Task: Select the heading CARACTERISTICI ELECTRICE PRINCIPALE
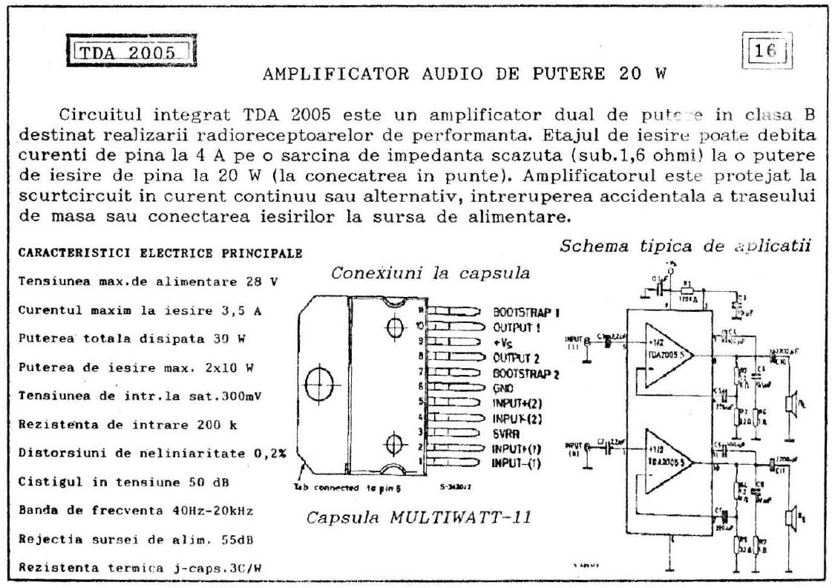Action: point(160,253)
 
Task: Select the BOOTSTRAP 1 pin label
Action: point(525,313)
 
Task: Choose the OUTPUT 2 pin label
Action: point(517,357)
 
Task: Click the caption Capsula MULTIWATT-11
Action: point(419,516)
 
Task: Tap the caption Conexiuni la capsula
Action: point(430,272)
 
